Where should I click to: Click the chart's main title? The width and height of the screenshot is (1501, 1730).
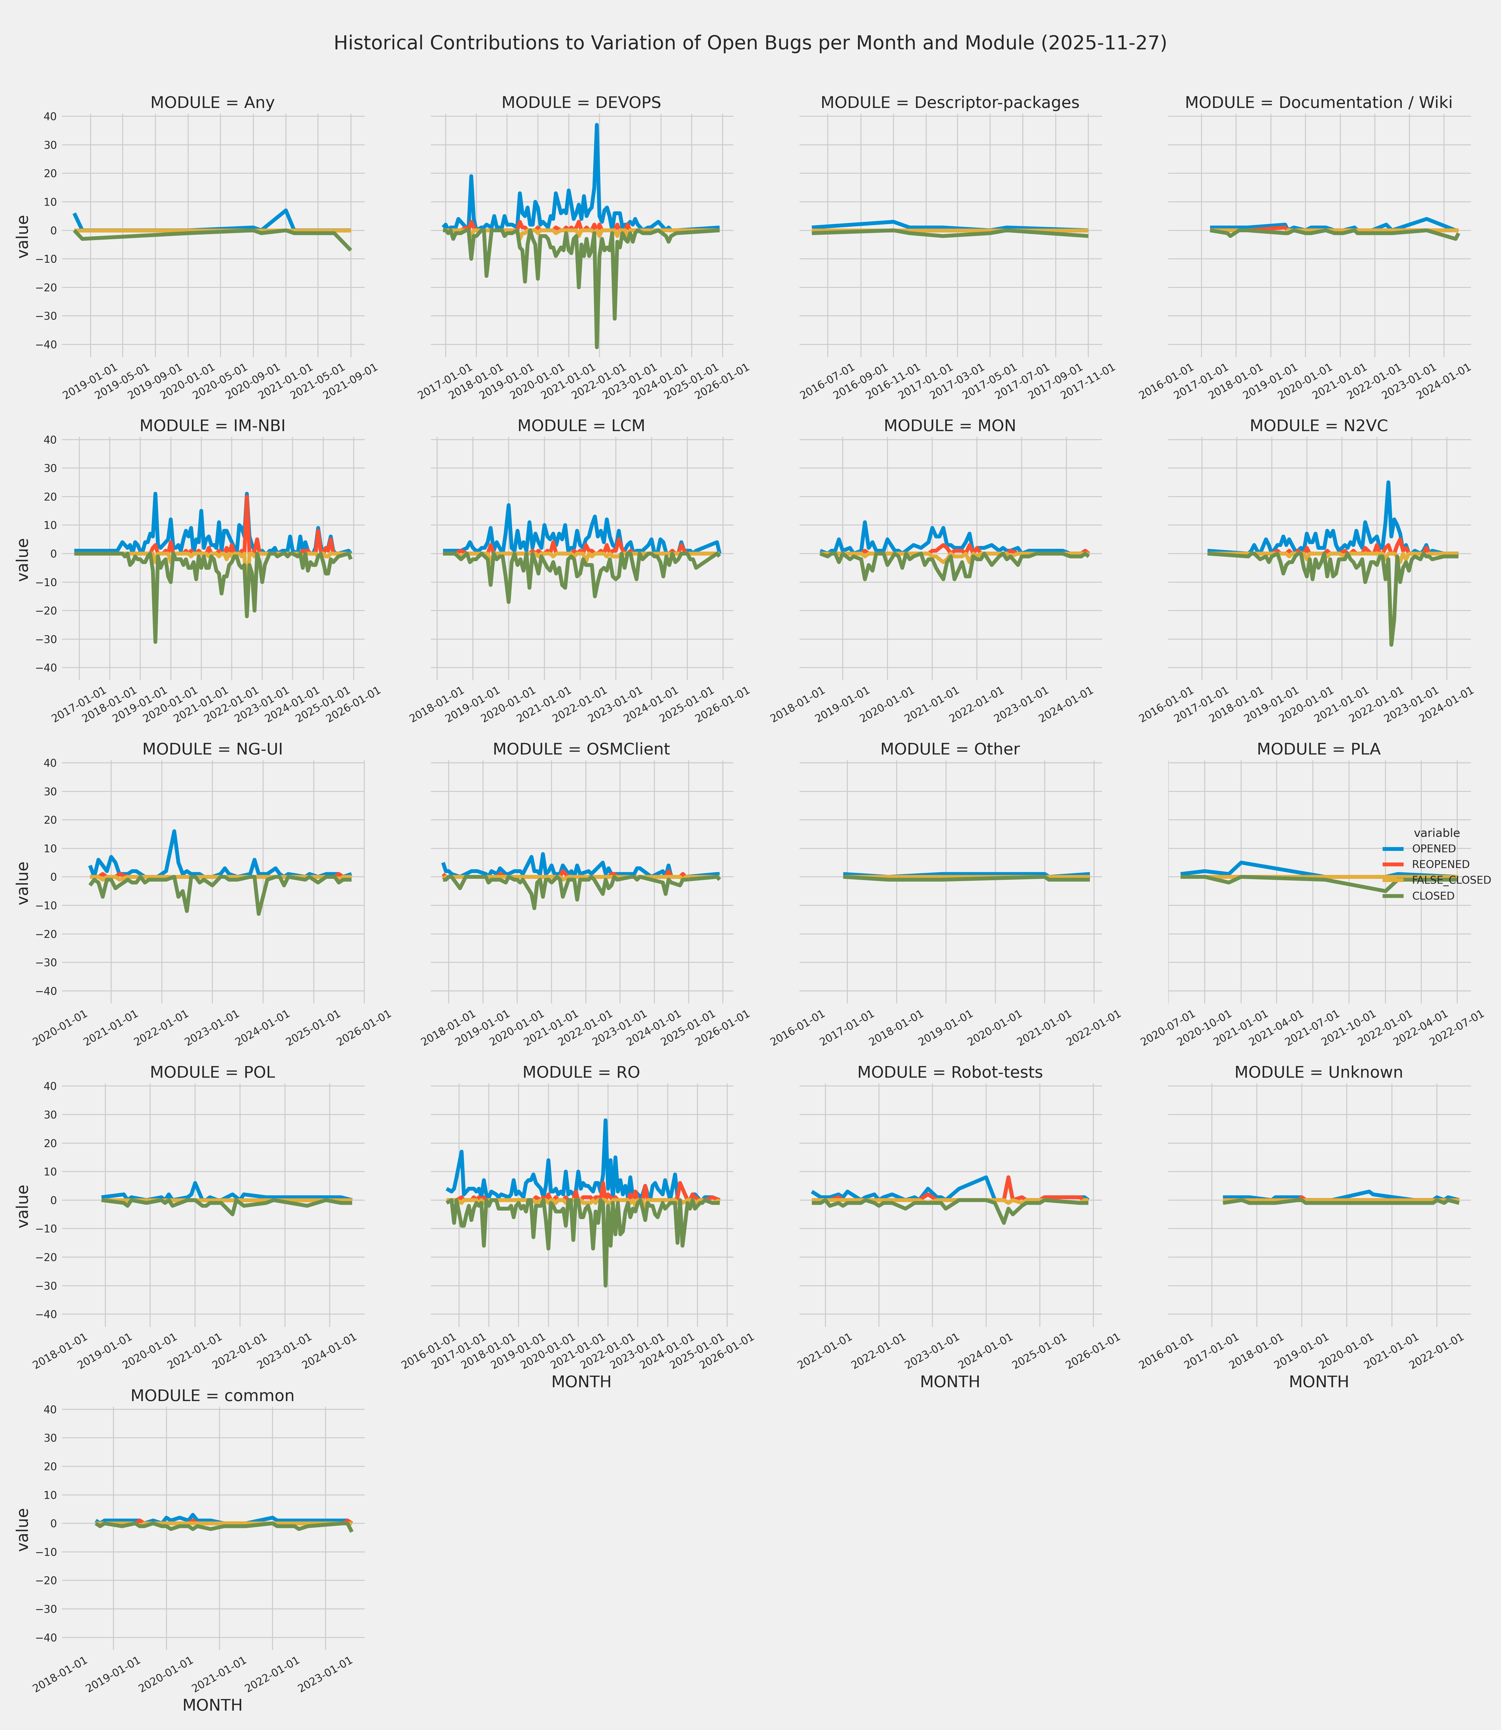click(x=750, y=43)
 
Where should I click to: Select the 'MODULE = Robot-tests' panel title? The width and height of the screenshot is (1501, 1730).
click(x=950, y=1072)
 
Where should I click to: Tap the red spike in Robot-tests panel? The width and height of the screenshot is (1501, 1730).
click(x=1009, y=1177)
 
